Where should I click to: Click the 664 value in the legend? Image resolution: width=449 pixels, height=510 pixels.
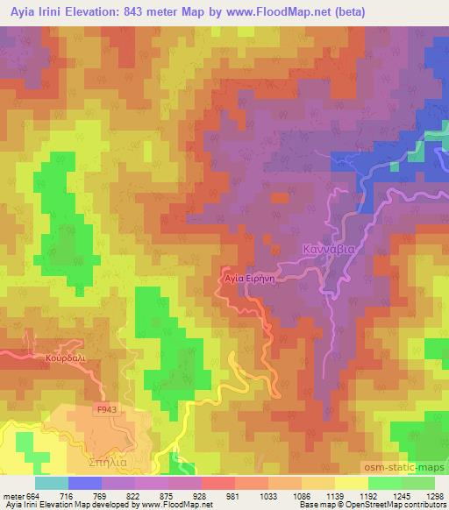pos(33,495)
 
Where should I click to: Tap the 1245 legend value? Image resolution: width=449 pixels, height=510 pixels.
pos(393,495)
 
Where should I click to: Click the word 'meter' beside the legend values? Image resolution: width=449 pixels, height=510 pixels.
pos(12,495)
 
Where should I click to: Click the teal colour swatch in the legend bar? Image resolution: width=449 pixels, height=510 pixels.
pos(52,483)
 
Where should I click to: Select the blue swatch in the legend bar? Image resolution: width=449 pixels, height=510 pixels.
pos(83,483)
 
